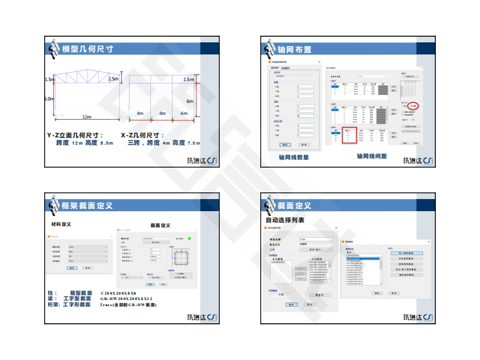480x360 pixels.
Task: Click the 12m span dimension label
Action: tap(87, 117)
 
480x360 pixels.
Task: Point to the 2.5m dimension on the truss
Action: tap(113, 79)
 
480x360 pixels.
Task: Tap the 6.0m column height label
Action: tap(49, 99)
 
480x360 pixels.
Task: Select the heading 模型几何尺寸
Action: tap(88, 48)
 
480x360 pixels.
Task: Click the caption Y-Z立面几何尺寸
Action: tap(75, 135)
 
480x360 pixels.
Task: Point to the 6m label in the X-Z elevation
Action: tap(189, 101)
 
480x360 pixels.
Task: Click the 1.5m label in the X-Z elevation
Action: tap(189, 79)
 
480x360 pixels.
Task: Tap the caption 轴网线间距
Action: tap(372, 157)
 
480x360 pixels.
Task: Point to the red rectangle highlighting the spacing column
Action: tap(348, 136)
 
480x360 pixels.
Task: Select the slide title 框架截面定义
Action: tap(87, 206)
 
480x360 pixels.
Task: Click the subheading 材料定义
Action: tap(61, 224)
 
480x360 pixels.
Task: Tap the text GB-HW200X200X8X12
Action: tap(128, 299)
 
